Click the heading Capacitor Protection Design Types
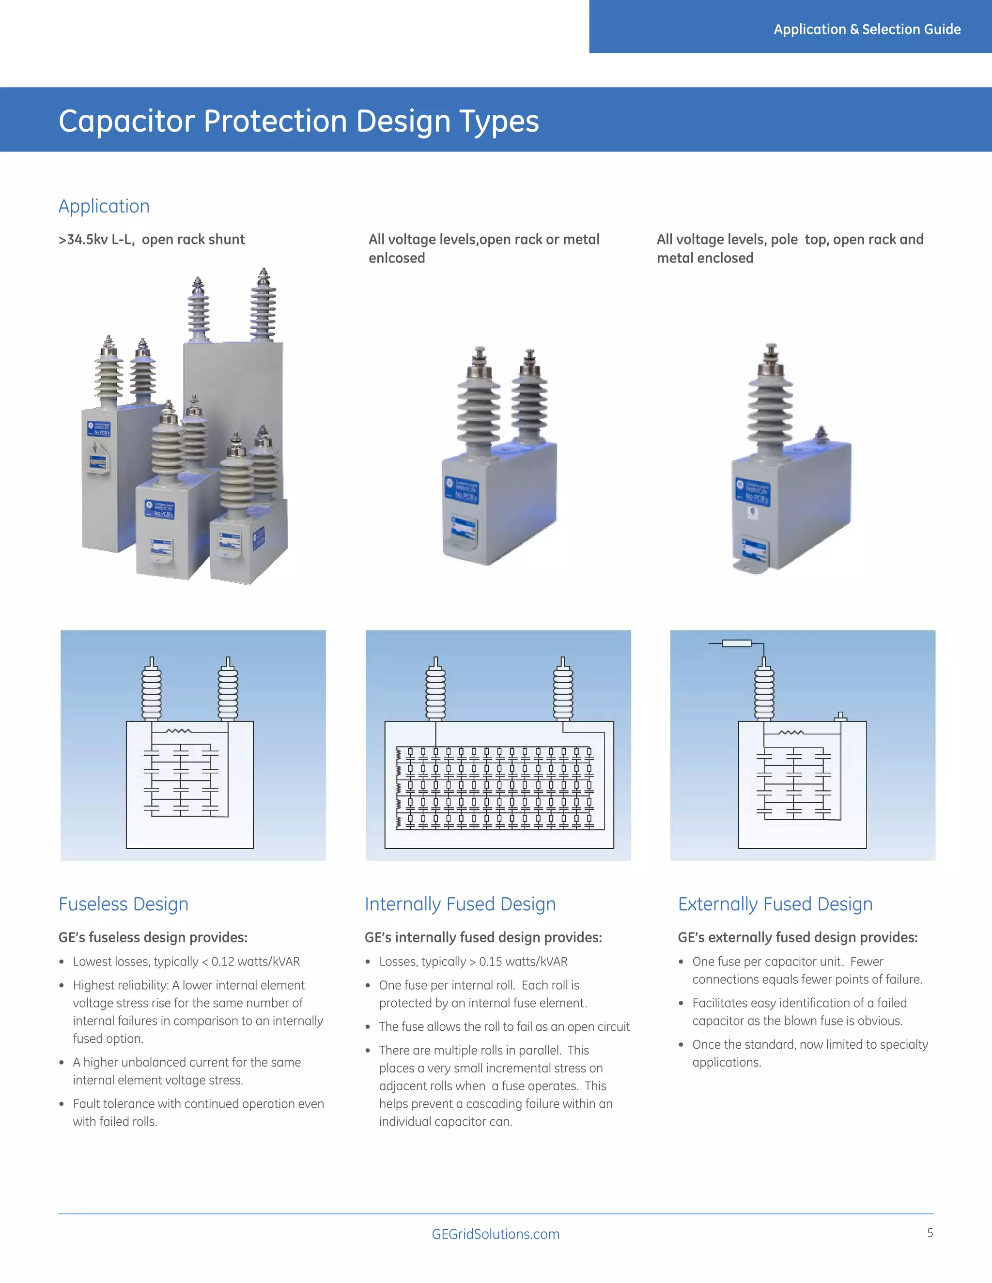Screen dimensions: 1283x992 click(298, 121)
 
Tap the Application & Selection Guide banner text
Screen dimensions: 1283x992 click(867, 30)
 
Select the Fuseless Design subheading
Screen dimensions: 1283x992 click(124, 904)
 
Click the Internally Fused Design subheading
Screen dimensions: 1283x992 click(460, 904)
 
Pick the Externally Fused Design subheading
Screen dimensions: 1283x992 click(775, 904)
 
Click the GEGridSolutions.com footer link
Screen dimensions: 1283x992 click(496, 1234)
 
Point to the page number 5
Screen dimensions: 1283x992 click(930, 1233)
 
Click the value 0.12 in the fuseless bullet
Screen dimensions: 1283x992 click(223, 962)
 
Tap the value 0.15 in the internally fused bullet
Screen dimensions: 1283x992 click(491, 962)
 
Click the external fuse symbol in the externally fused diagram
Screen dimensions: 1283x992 click(736, 644)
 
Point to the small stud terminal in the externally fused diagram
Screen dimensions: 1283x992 click(840, 716)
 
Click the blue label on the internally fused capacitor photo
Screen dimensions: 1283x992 click(462, 490)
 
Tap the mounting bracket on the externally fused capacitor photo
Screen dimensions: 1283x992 click(751, 567)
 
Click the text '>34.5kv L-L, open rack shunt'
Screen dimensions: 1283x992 click(152, 240)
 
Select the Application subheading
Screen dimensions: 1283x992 click(104, 206)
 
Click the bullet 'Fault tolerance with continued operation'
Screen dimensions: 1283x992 click(198, 1104)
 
